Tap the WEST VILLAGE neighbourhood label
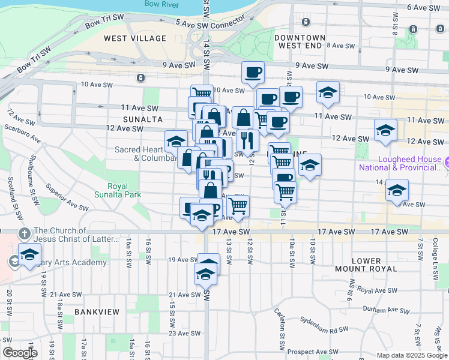[135, 38]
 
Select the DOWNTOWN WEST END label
[300, 41]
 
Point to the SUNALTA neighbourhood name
[126, 119]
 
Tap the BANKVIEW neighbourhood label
[97, 312]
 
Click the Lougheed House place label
[399, 163]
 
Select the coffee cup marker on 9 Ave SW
[253, 73]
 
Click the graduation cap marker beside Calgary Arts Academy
[29, 254]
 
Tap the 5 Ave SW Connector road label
[210, 22]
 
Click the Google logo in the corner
[20, 353]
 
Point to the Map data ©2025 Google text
[412, 355]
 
